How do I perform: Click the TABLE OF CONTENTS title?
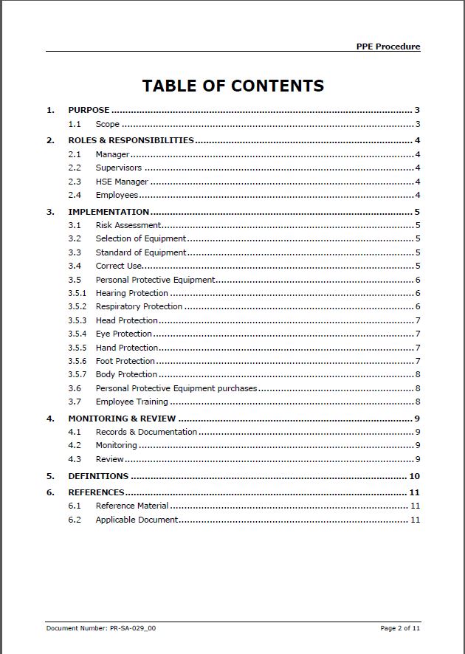232,86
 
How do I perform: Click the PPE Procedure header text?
388,47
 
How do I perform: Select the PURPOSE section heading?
89,110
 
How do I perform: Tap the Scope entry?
107,124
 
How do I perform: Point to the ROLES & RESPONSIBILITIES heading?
131,140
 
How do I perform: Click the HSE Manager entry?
122,182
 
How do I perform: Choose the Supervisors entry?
118,168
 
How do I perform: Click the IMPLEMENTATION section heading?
108,212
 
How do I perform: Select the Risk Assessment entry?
128,225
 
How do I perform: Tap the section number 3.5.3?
77,320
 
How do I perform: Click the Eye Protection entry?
123,334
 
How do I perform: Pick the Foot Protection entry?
125,361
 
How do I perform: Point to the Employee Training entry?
131,402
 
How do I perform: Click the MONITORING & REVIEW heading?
122,419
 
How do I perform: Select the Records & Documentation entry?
146,432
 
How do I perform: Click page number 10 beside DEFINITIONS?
414,476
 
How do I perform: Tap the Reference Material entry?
131,506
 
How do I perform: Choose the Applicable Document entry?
137,520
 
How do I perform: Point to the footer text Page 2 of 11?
400,628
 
